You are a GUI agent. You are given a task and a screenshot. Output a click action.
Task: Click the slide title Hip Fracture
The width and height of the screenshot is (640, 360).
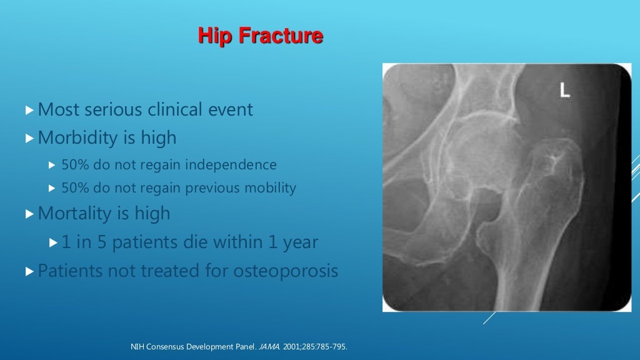[260, 36]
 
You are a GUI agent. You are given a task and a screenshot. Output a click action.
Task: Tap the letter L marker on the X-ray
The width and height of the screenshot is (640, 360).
[564, 91]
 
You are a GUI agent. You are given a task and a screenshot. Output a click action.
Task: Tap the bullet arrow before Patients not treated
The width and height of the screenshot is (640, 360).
[29, 272]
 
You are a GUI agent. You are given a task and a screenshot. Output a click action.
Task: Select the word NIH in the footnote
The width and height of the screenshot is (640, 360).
[136, 347]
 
